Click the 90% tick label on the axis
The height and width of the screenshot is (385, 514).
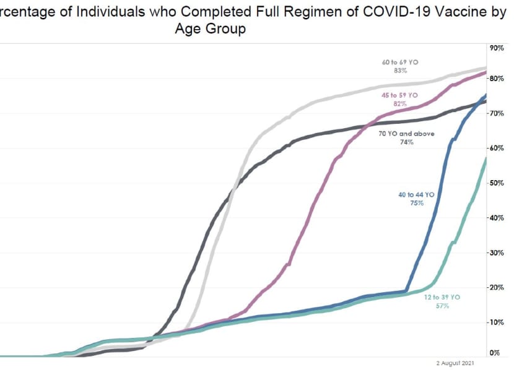click(495, 48)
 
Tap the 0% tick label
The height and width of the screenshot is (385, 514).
click(495, 353)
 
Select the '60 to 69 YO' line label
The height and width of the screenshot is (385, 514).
click(400, 62)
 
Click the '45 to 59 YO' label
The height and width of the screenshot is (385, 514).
click(400, 95)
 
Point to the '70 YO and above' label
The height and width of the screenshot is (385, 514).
click(406, 133)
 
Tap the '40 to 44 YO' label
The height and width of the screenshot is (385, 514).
click(416, 194)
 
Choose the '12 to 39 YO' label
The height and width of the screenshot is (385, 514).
click(442, 298)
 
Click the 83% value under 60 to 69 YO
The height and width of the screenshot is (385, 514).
click(400, 71)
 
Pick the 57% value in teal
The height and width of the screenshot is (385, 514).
click(442, 306)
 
